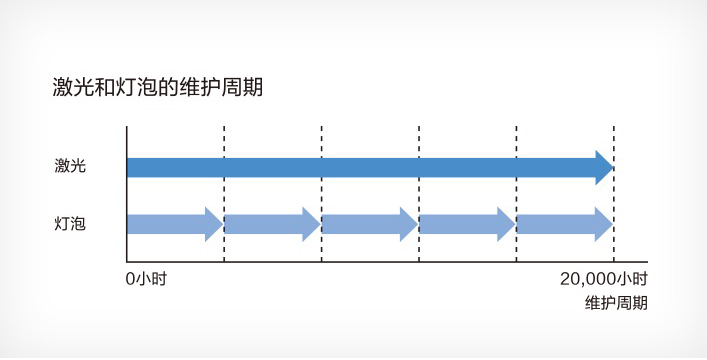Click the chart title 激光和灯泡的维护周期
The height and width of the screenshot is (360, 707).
pyautogui.click(x=157, y=87)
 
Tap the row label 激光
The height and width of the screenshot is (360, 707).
pyautogui.click(x=71, y=166)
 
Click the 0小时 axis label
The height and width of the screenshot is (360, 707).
pyautogui.click(x=146, y=279)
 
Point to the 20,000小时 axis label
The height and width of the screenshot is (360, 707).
pyautogui.click(x=603, y=279)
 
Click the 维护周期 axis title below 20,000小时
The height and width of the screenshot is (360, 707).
pyautogui.click(x=616, y=302)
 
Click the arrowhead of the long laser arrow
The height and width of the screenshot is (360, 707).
pyautogui.click(x=604, y=166)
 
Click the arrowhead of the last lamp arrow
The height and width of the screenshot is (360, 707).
pyautogui.click(x=603, y=223)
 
